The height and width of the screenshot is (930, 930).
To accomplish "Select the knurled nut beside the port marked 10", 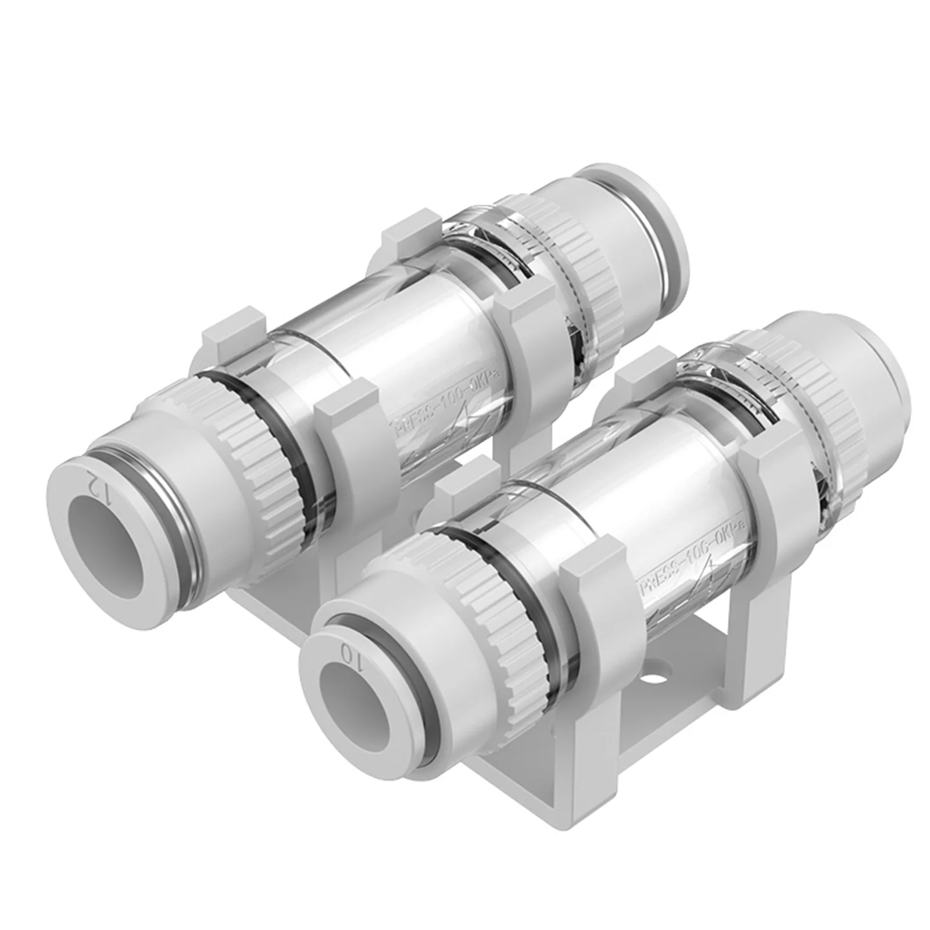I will pyautogui.click(x=512, y=631).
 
